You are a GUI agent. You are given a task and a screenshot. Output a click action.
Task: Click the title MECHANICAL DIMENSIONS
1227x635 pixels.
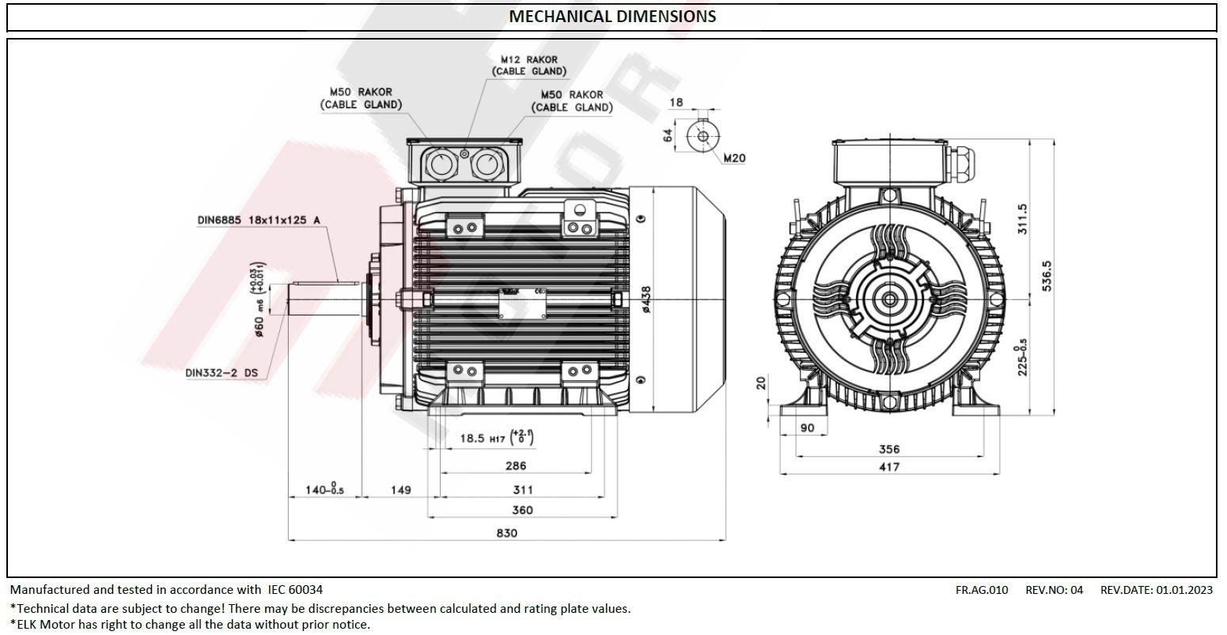(x=612, y=17)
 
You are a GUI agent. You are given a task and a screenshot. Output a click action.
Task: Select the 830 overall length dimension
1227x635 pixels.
(x=506, y=533)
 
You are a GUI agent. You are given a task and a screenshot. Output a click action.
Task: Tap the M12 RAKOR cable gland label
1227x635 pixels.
(x=528, y=65)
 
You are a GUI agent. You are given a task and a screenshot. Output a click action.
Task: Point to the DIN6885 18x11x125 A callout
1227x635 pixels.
(x=259, y=220)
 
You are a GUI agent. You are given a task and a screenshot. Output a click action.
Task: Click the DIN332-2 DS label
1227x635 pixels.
(x=222, y=372)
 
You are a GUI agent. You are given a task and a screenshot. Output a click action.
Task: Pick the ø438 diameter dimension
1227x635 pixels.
(x=646, y=300)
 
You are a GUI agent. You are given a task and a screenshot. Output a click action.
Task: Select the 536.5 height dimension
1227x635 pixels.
(x=1047, y=275)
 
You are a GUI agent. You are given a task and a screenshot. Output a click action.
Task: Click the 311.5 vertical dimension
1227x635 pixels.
(x=1022, y=219)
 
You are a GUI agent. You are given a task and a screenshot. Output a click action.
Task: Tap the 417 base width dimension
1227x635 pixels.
(x=889, y=467)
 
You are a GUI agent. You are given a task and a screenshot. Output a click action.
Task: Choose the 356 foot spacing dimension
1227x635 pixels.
(x=889, y=449)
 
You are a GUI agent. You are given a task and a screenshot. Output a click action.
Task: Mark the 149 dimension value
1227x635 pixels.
(x=401, y=490)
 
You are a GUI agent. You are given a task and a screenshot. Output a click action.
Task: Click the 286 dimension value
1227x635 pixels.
(x=515, y=466)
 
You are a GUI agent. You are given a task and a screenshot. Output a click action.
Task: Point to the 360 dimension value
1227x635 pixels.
(x=522, y=510)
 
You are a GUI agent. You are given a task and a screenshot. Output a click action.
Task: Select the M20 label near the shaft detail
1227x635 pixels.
(x=734, y=158)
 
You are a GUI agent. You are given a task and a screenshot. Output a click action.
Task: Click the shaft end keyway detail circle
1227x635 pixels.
(x=702, y=136)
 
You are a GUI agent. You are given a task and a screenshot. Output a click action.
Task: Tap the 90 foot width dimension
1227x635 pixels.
(x=808, y=428)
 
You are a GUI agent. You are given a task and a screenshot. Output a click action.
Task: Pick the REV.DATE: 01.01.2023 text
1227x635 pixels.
(x=1156, y=589)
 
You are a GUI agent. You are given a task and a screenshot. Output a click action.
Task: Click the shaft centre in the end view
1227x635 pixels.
(x=890, y=300)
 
